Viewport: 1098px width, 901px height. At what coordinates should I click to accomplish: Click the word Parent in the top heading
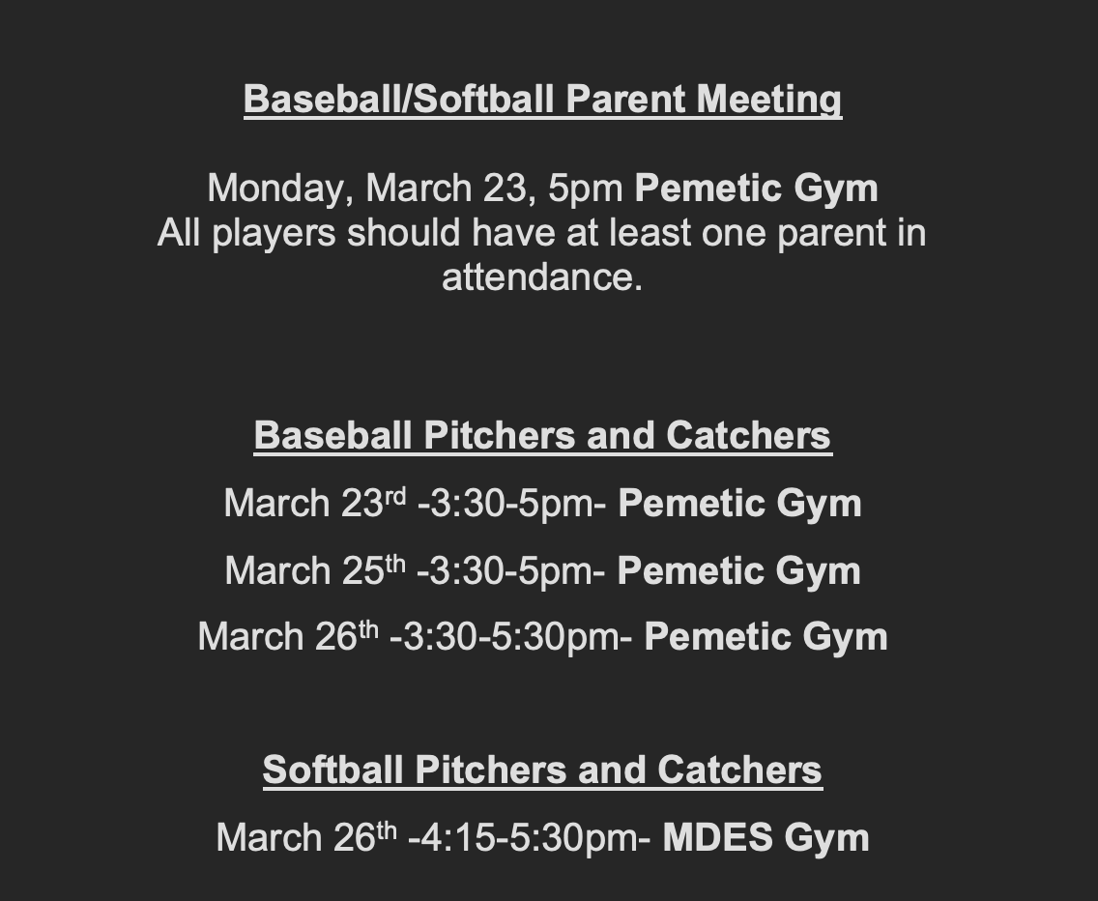(x=624, y=99)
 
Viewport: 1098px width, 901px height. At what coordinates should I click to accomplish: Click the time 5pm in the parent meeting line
(x=586, y=189)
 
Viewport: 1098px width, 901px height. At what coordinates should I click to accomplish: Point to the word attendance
(x=542, y=277)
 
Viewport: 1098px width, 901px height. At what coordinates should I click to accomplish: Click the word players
(x=274, y=233)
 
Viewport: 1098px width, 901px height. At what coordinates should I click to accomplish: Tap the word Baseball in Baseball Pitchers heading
(x=332, y=435)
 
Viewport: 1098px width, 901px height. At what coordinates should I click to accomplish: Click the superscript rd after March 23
(x=395, y=495)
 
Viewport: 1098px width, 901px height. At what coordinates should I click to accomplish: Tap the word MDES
(x=718, y=838)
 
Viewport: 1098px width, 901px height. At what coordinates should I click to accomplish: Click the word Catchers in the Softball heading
(x=739, y=770)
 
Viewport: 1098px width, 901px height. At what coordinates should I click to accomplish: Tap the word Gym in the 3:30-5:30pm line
(x=845, y=638)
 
